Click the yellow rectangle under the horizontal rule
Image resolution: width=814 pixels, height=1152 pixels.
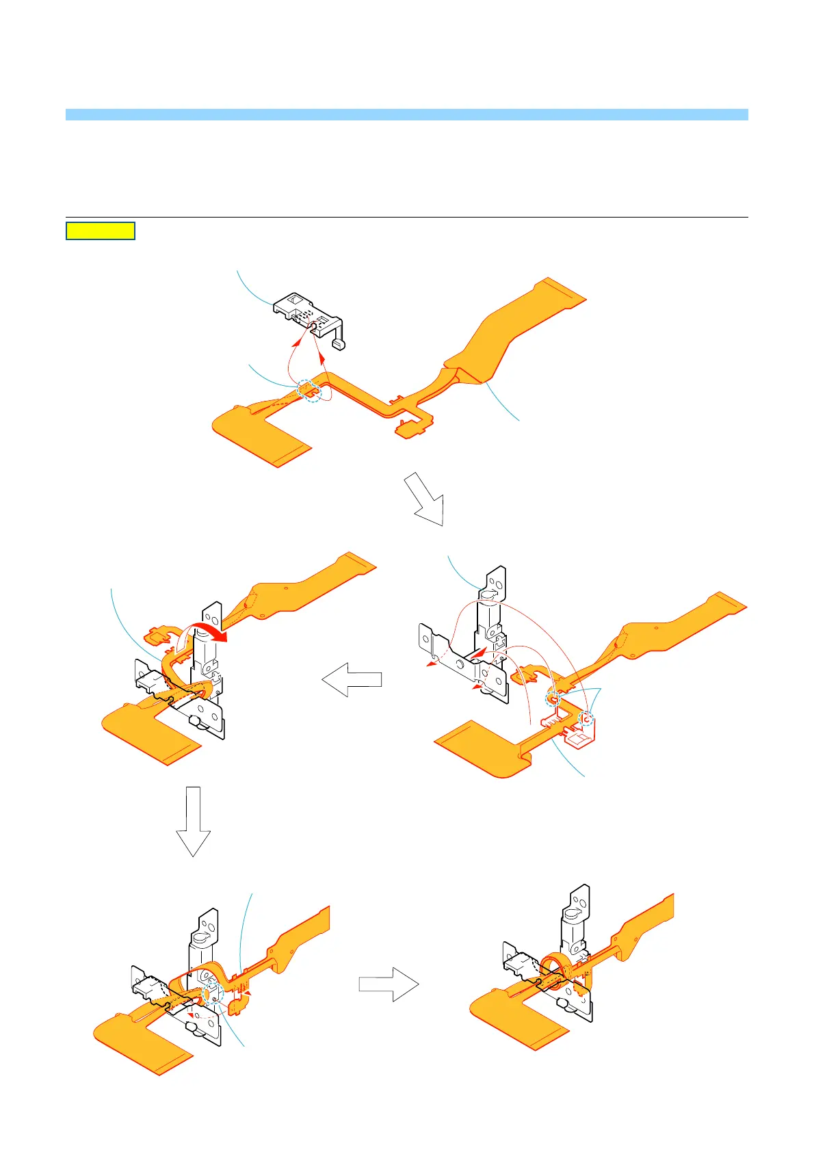(x=101, y=231)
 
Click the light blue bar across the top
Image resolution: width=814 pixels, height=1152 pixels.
(x=406, y=114)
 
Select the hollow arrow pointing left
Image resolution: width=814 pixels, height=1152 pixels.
(x=352, y=679)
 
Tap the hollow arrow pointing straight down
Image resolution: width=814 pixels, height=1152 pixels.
(x=193, y=821)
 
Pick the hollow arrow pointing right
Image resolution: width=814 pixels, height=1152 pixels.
(x=389, y=984)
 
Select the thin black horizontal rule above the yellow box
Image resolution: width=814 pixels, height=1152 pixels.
(x=406, y=217)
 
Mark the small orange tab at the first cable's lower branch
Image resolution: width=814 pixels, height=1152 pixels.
(x=408, y=430)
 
